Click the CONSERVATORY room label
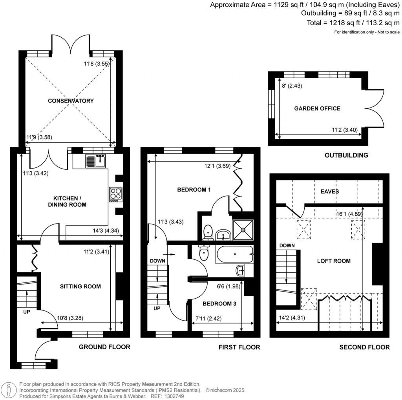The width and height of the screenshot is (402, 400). click(71, 101)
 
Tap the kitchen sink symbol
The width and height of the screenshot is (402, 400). click(96, 160)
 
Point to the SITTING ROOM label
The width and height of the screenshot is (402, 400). click(80, 286)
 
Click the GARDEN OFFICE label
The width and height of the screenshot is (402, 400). click(317, 108)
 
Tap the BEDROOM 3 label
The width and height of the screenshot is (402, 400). click(217, 304)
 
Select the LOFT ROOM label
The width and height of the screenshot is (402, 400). click(334, 261)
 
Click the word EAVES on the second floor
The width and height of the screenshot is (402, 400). click(329, 192)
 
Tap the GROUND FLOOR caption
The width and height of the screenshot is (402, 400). click(104, 347)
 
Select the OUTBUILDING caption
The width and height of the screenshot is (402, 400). click(346, 155)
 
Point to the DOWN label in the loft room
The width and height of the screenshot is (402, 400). click(287, 245)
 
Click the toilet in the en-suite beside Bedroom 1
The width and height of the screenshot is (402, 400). click(208, 232)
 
